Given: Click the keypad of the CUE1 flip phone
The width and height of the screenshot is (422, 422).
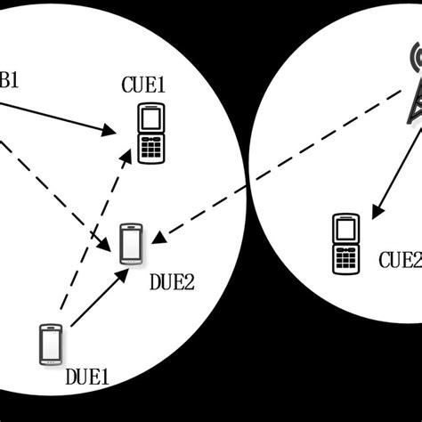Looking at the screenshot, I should [x=151, y=149].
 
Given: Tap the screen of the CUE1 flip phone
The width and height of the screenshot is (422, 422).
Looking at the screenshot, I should [x=151, y=118].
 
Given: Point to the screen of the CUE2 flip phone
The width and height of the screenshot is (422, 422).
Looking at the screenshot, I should [x=345, y=229].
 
